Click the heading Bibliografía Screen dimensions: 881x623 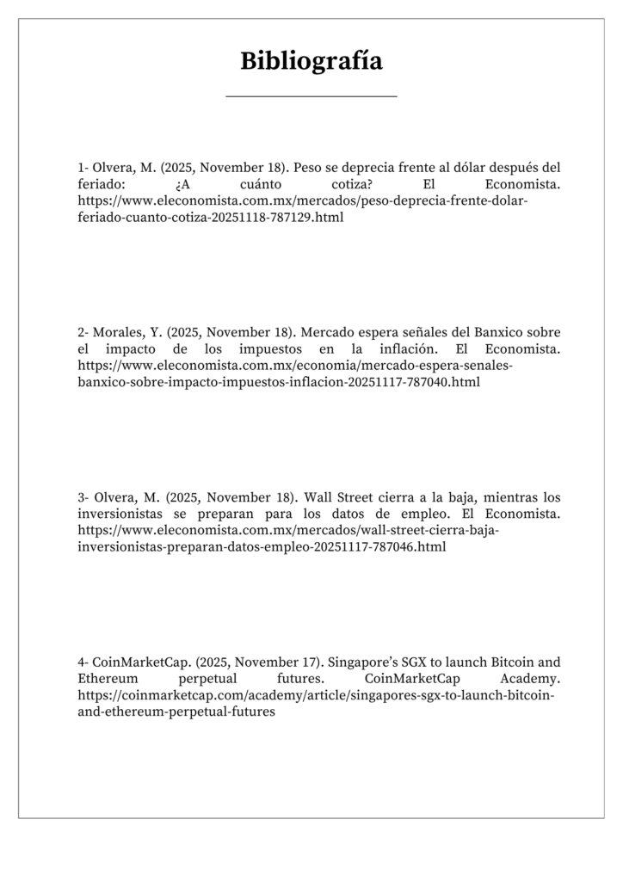[x=311, y=61]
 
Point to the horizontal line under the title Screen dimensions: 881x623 [x=311, y=96]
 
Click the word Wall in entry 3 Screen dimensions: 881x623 [x=319, y=497]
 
